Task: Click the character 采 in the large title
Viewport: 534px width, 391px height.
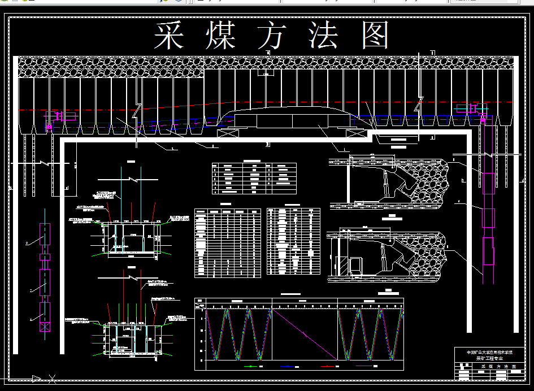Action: click(x=171, y=36)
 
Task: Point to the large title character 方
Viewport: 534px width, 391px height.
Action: click(x=273, y=36)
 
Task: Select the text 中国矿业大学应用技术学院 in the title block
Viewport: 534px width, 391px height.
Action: click(x=489, y=353)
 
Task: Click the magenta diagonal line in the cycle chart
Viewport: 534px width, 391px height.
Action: click(x=305, y=334)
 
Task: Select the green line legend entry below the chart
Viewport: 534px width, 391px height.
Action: click(x=249, y=366)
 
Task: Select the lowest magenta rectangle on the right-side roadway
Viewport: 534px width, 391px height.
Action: click(x=488, y=251)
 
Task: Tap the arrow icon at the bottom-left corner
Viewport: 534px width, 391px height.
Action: click(x=36, y=379)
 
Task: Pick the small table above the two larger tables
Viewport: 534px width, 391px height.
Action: click(x=254, y=178)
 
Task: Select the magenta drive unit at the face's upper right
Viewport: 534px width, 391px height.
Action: click(x=467, y=108)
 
